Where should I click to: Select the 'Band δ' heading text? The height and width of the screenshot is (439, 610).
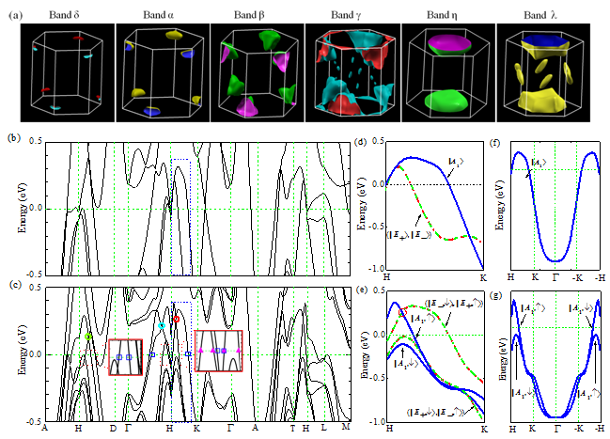pos(67,17)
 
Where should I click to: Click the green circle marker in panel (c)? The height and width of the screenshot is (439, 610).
pos(88,336)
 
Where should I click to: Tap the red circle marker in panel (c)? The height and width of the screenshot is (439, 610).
pos(177,319)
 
